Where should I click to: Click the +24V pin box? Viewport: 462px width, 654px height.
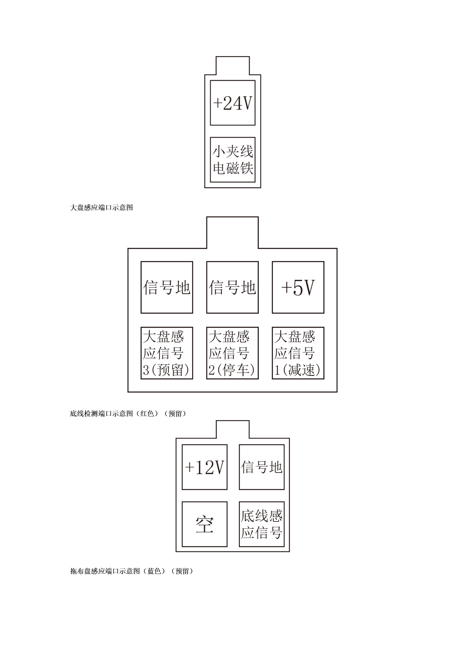click(x=233, y=103)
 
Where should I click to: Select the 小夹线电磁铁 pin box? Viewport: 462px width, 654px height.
click(x=233, y=160)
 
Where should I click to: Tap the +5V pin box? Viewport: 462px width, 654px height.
click(x=298, y=287)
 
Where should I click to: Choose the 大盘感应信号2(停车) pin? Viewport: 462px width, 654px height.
click(x=232, y=353)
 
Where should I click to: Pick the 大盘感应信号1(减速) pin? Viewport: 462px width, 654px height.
click(x=298, y=353)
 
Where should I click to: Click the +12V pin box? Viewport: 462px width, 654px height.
click(x=205, y=467)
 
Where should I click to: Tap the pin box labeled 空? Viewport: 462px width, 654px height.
click(x=205, y=524)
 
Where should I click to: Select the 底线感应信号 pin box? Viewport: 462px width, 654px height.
click(x=262, y=524)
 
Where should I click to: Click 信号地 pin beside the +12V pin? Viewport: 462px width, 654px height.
click(x=262, y=467)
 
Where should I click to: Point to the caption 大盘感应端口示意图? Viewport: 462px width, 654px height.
click(x=101, y=208)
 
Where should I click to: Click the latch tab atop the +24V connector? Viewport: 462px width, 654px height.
click(x=233, y=65)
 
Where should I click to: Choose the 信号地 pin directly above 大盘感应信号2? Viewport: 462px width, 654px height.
click(x=232, y=287)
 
